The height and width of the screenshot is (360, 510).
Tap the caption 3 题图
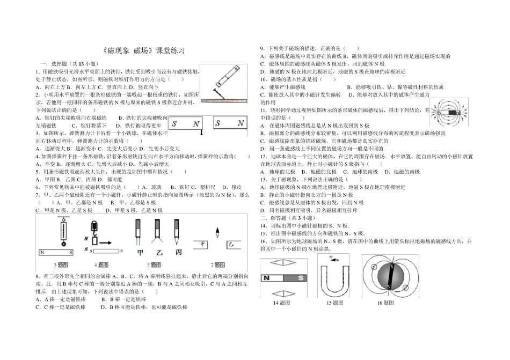[x=61, y=265]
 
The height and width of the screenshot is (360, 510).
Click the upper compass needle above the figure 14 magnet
[x=281, y=263]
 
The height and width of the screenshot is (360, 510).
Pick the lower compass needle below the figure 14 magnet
[x=281, y=293]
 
